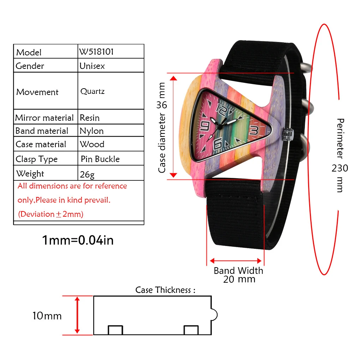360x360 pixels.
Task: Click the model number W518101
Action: pyautogui.click(x=96, y=52)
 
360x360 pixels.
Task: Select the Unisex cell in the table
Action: pyautogui.click(x=92, y=66)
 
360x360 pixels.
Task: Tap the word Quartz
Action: pyautogui.click(x=92, y=91)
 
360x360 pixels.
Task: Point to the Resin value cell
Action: pyautogui.click(x=90, y=118)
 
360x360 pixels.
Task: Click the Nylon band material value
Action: pyautogui.click(x=91, y=131)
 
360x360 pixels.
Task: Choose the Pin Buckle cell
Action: pyautogui.click(x=100, y=159)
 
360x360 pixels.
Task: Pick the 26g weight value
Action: pyautogui.click(x=87, y=174)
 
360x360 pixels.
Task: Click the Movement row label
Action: pyautogui.click(x=37, y=92)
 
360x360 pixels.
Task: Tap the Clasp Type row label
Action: pyautogui.click(x=36, y=159)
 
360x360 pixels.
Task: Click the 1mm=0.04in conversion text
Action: pyautogui.click(x=78, y=240)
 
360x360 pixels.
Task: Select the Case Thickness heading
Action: pyautogui.click(x=165, y=290)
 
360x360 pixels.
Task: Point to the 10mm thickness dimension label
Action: pyautogui.click(x=47, y=316)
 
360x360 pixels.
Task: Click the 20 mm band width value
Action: pyautogui.click(x=239, y=279)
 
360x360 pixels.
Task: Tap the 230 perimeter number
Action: pyautogui.click(x=340, y=168)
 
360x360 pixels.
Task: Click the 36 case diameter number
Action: pyautogui.click(x=162, y=105)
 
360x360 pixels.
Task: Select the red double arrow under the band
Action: pyautogui.click(x=236, y=261)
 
